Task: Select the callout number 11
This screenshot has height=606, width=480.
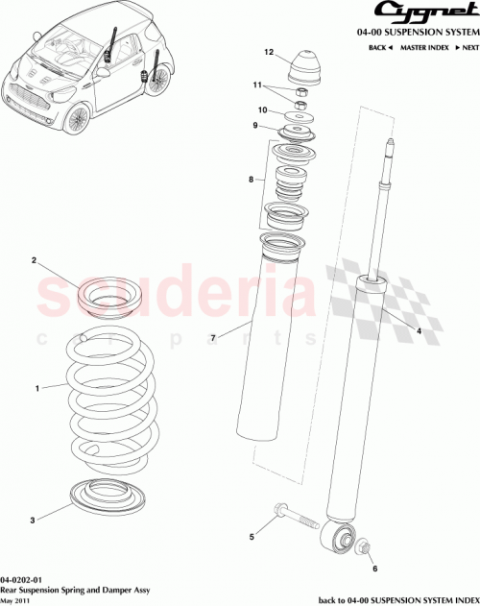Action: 256,85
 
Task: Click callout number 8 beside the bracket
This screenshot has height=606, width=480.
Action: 251,180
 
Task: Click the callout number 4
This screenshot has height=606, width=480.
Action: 418,331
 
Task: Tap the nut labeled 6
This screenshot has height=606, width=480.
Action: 366,547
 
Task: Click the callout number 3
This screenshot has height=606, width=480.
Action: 32,520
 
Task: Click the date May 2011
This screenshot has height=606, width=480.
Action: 16,601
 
